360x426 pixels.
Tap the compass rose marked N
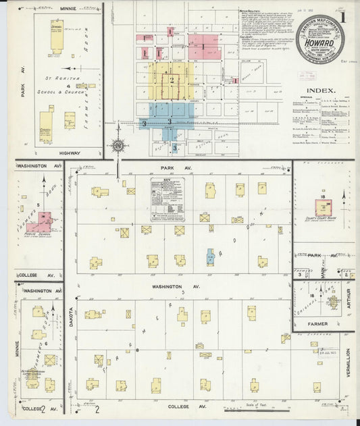(118, 145)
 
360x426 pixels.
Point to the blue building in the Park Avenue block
(210, 257)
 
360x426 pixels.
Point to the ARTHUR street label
(349, 298)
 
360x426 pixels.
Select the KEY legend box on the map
(167, 199)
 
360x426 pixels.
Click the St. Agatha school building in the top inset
(57, 36)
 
